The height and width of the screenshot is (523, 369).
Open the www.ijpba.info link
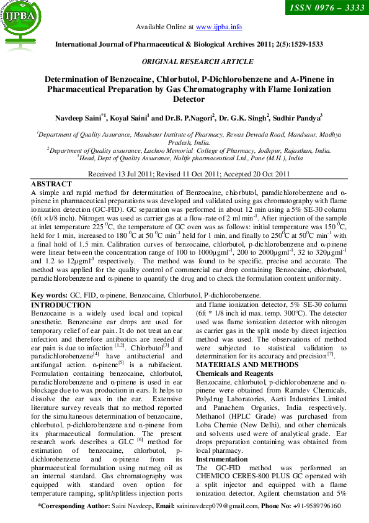(219, 27)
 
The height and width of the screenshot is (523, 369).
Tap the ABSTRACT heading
(50, 185)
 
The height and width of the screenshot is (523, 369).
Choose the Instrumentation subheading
(221, 458)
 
